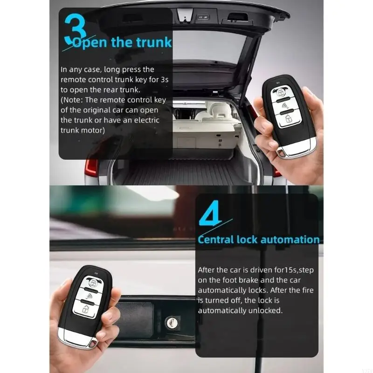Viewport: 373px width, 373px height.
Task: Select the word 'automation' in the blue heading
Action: click(290, 240)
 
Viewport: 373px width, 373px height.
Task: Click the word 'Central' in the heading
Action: click(216, 240)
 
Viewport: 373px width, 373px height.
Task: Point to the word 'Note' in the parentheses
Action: click(71, 100)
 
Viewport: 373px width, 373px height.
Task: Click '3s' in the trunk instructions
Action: click(164, 79)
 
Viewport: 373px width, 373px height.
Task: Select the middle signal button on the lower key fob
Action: click(89, 296)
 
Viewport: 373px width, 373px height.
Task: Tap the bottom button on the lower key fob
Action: click(85, 309)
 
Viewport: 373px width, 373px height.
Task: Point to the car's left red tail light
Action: click(91, 168)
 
